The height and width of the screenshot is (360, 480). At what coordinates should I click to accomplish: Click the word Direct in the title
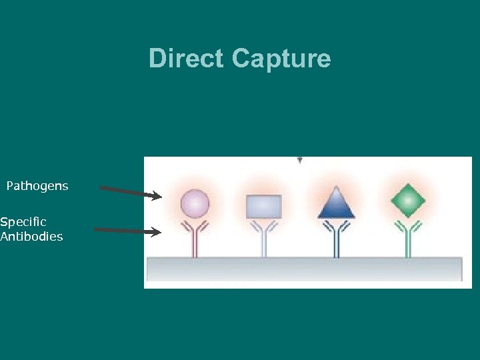click(x=187, y=59)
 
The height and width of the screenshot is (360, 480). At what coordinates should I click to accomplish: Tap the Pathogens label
click(x=37, y=186)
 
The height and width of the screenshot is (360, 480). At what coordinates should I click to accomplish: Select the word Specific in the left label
click(x=23, y=221)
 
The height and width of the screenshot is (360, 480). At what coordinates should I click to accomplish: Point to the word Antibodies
click(x=31, y=236)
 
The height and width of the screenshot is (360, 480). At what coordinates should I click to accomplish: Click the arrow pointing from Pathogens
click(x=130, y=192)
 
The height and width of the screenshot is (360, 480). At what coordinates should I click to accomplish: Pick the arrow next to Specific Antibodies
click(x=127, y=231)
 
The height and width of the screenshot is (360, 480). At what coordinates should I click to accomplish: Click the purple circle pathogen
click(x=195, y=203)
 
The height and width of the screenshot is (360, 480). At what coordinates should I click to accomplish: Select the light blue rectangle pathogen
click(x=264, y=207)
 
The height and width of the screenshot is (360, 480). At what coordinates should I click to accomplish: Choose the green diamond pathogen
click(x=407, y=201)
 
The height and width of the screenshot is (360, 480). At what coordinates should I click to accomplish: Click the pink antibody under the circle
click(x=195, y=239)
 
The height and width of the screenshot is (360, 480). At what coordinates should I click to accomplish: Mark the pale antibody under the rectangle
click(x=264, y=239)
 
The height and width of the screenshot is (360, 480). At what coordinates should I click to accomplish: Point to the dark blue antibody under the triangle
click(x=337, y=239)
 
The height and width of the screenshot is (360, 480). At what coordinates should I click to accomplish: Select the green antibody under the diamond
click(x=407, y=239)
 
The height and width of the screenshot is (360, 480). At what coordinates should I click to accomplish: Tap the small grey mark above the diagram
click(x=300, y=160)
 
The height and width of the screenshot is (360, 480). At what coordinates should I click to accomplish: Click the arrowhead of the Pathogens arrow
click(x=157, y=196)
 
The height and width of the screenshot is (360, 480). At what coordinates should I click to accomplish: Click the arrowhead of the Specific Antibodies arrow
click(x=157, y=232)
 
